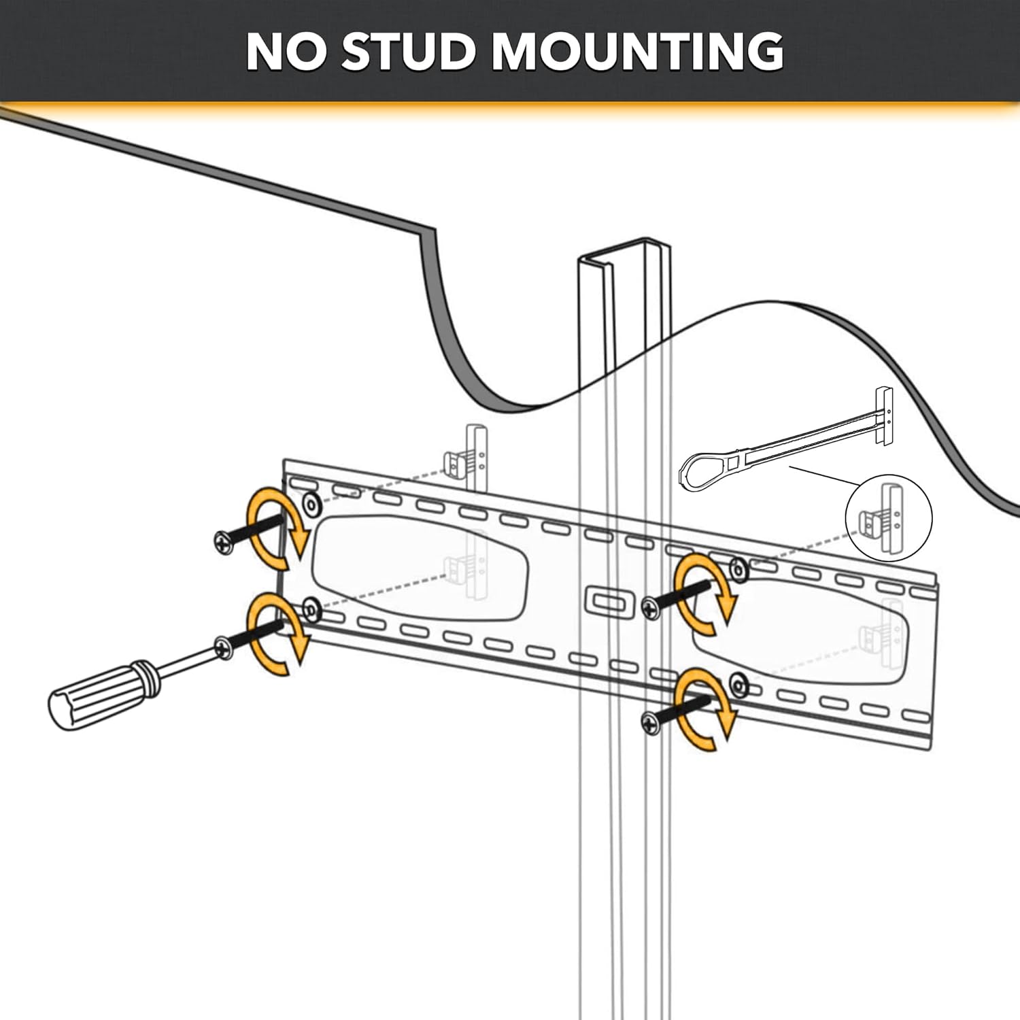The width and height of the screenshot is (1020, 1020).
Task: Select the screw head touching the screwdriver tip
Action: pyautogui.click(x=223, y=647)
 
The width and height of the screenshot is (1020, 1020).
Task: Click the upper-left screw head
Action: pyautogui.click(x=224, y=542)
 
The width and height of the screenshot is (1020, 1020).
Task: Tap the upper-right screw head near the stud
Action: pyautogui.click(x=651, y=607)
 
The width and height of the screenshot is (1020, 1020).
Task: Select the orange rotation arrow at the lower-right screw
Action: pyautogui.click(x=705, y=710)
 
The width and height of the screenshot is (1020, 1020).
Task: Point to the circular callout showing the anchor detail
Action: pyautogui.click(x=888, y=518)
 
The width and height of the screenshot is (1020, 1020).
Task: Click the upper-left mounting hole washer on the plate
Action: pyautogui.click(x=311, y=505)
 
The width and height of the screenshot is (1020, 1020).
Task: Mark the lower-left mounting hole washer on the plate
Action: pyautogui.click(x=311, y=610)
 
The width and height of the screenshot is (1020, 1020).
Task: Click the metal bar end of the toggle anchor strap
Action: pyautogui.click(x=883, y=416)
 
